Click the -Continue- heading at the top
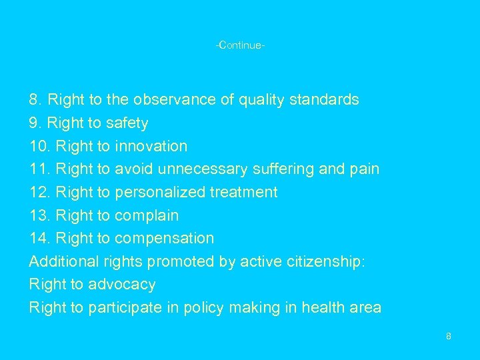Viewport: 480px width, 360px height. (x=240, y=46)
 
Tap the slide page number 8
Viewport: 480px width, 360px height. (x=449, y=336)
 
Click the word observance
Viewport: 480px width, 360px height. (x=174, y=100)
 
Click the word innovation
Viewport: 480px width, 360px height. (x=151, y=146)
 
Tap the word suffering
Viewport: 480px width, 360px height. (x=283, y=169)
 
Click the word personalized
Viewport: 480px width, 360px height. (x=160, y=193)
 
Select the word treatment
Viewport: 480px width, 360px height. (x=244, y=193)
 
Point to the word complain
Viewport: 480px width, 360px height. (x=147, y=215)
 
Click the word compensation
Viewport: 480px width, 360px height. (x=165, y=239)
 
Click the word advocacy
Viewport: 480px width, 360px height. (x=123, y=285)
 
